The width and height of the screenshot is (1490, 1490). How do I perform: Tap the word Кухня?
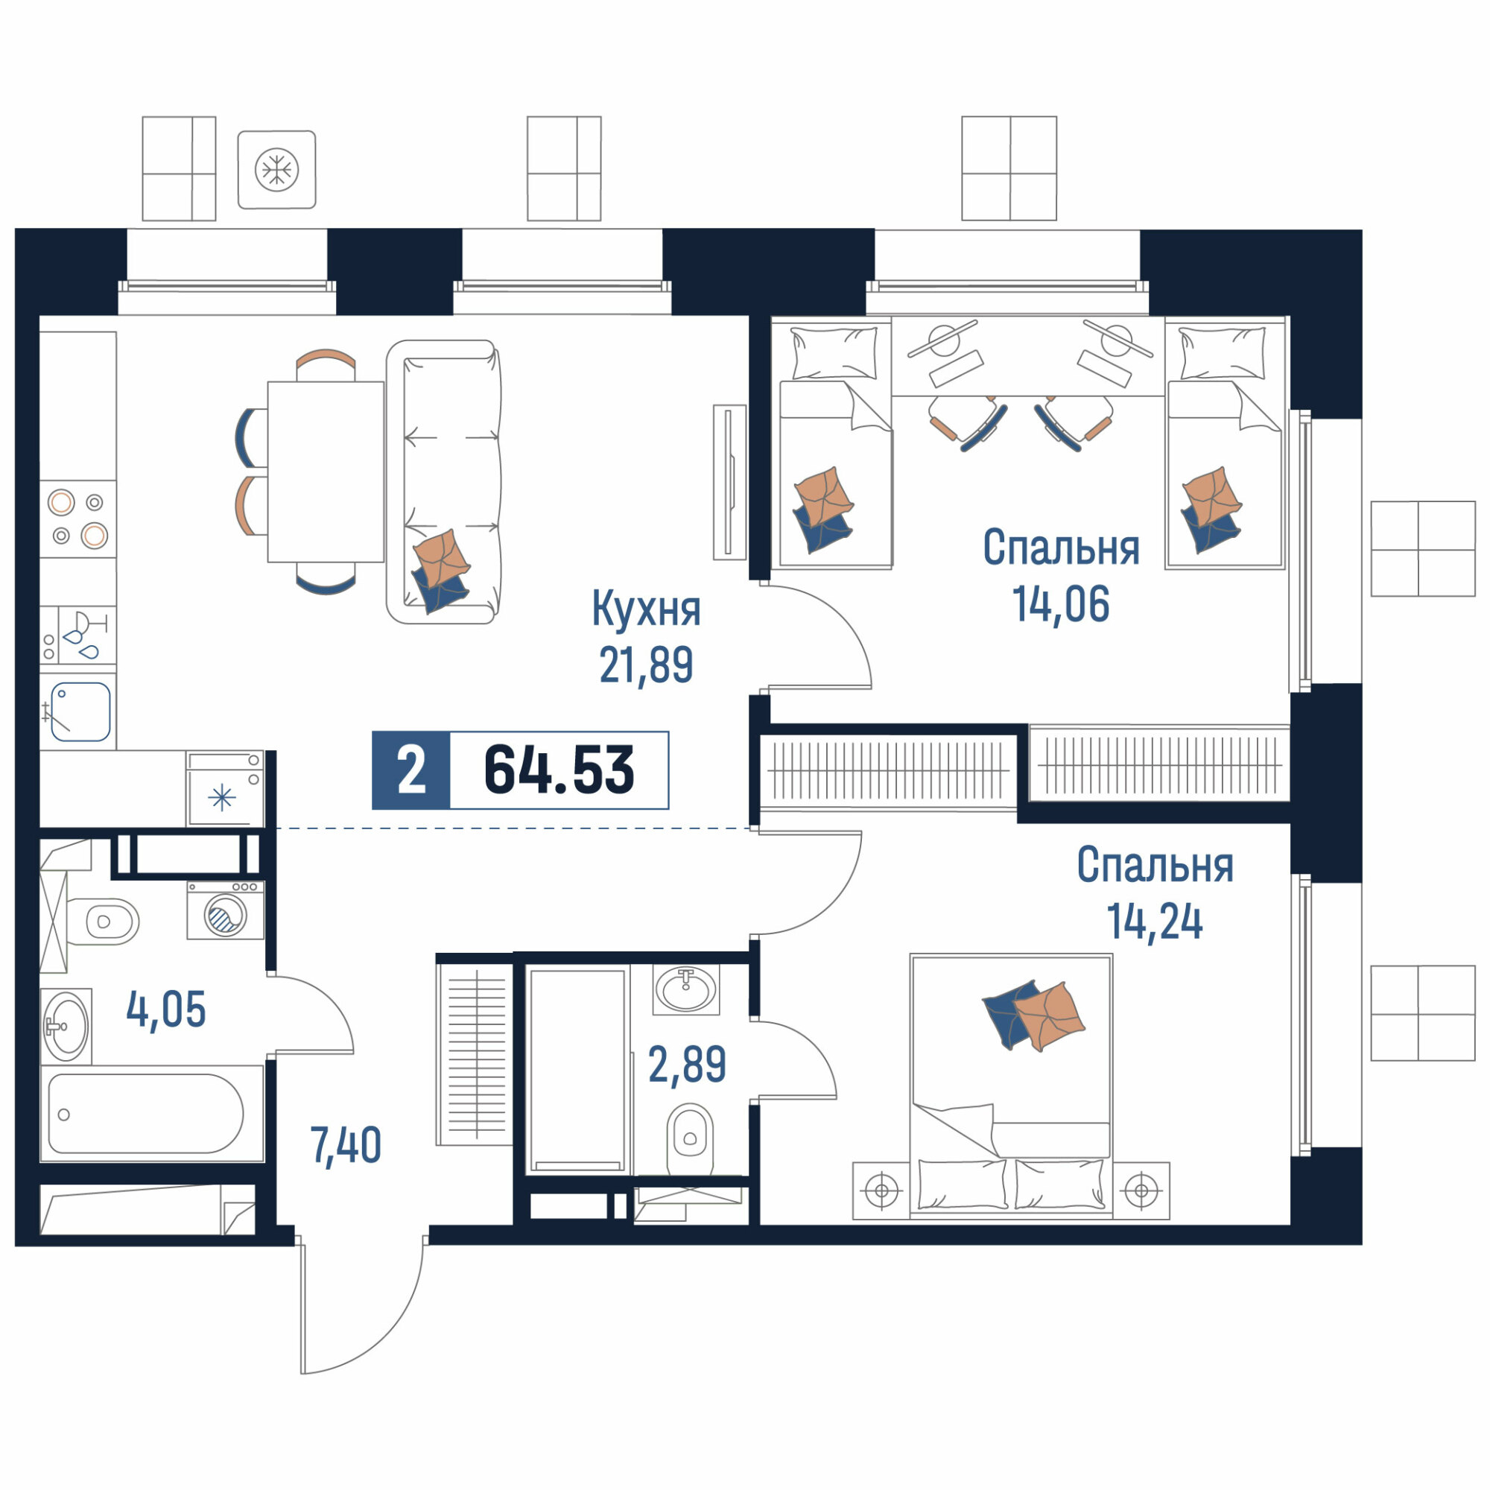646,609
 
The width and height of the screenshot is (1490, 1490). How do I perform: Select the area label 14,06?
1060,604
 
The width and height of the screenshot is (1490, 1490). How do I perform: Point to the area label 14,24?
1155,922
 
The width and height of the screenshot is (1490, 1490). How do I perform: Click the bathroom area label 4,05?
166,1010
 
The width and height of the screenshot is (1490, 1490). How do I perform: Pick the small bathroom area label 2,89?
687,1065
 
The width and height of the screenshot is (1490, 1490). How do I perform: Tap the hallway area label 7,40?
346,1145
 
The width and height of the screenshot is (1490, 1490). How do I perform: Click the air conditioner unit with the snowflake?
277,170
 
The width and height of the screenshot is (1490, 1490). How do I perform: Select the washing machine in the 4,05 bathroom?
225,911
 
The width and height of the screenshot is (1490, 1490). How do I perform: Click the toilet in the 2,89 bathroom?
689,1139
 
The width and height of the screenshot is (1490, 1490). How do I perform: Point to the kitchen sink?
80,711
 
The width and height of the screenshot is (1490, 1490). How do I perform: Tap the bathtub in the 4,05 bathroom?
152,1114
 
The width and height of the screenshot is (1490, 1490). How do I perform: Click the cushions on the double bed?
1033,1015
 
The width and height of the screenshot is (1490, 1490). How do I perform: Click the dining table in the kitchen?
326,472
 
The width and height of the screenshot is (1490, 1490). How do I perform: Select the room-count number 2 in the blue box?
411,770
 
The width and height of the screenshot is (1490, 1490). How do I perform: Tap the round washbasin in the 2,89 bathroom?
685,989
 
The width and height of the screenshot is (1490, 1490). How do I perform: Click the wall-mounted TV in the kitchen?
729,482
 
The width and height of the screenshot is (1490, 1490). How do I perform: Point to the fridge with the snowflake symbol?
224,789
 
